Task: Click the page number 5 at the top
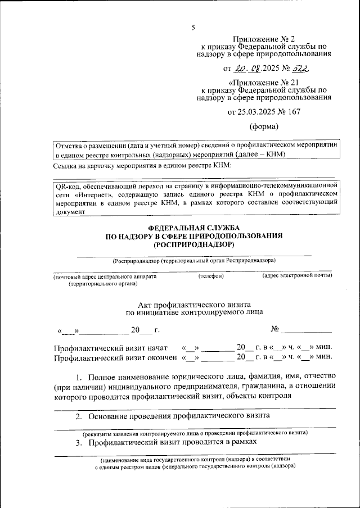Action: pos(193,28)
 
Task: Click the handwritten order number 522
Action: pos(300,69)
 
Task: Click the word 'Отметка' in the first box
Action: pos(69,144)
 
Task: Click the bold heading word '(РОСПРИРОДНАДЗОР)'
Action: pos(194,245)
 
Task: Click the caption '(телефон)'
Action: pos(211,276)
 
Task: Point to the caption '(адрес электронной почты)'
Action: pos(296,276)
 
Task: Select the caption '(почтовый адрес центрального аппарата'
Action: pos(105,277)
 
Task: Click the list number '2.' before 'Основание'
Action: pos(79,416)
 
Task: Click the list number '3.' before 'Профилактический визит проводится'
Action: pos(79,443)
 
